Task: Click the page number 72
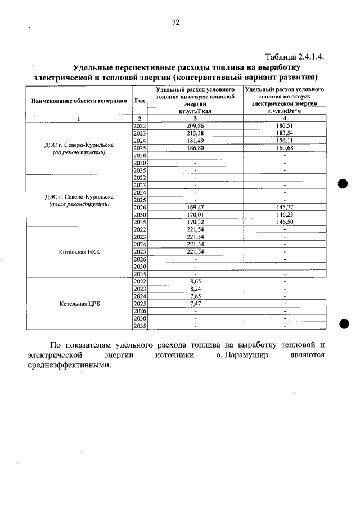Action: tap(175, 22)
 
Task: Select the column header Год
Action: tap(139, 100)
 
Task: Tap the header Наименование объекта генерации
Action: tap(79, 100)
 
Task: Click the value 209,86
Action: tap(195, 125)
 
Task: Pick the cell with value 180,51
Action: tap(286, 125)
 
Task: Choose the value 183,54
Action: tap(286, 133)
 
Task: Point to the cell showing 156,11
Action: tap(286, 140)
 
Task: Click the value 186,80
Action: tap(195, 147)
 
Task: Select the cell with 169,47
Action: tap(195, 207)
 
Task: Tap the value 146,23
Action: tap(286, 214)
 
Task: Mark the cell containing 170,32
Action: tap(195, 222)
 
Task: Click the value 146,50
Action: tap(286, 222)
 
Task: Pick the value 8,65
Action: tap(195, 281)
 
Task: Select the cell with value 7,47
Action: tap(195, 303)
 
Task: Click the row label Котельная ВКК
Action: tap(79, 252)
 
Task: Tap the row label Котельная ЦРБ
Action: tap(79, 304)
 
